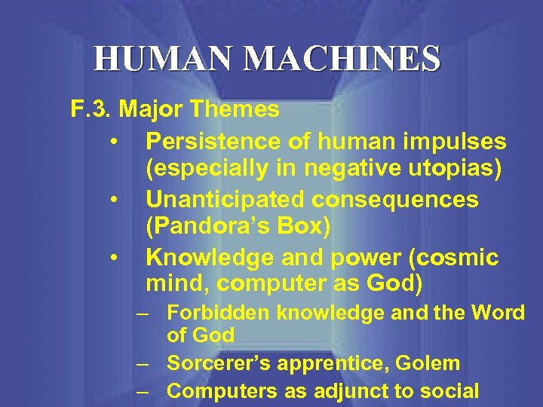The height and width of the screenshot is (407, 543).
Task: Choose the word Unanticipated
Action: tap(227, 199)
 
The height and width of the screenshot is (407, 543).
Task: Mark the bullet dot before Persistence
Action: tap(112, 142)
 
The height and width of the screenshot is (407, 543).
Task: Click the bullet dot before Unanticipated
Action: tap(112, 200)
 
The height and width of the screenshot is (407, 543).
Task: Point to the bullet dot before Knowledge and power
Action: tap(112, 258)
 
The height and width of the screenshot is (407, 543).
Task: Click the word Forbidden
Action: tap(219, 312)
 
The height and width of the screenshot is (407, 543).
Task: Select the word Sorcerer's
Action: tap(216, 363)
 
